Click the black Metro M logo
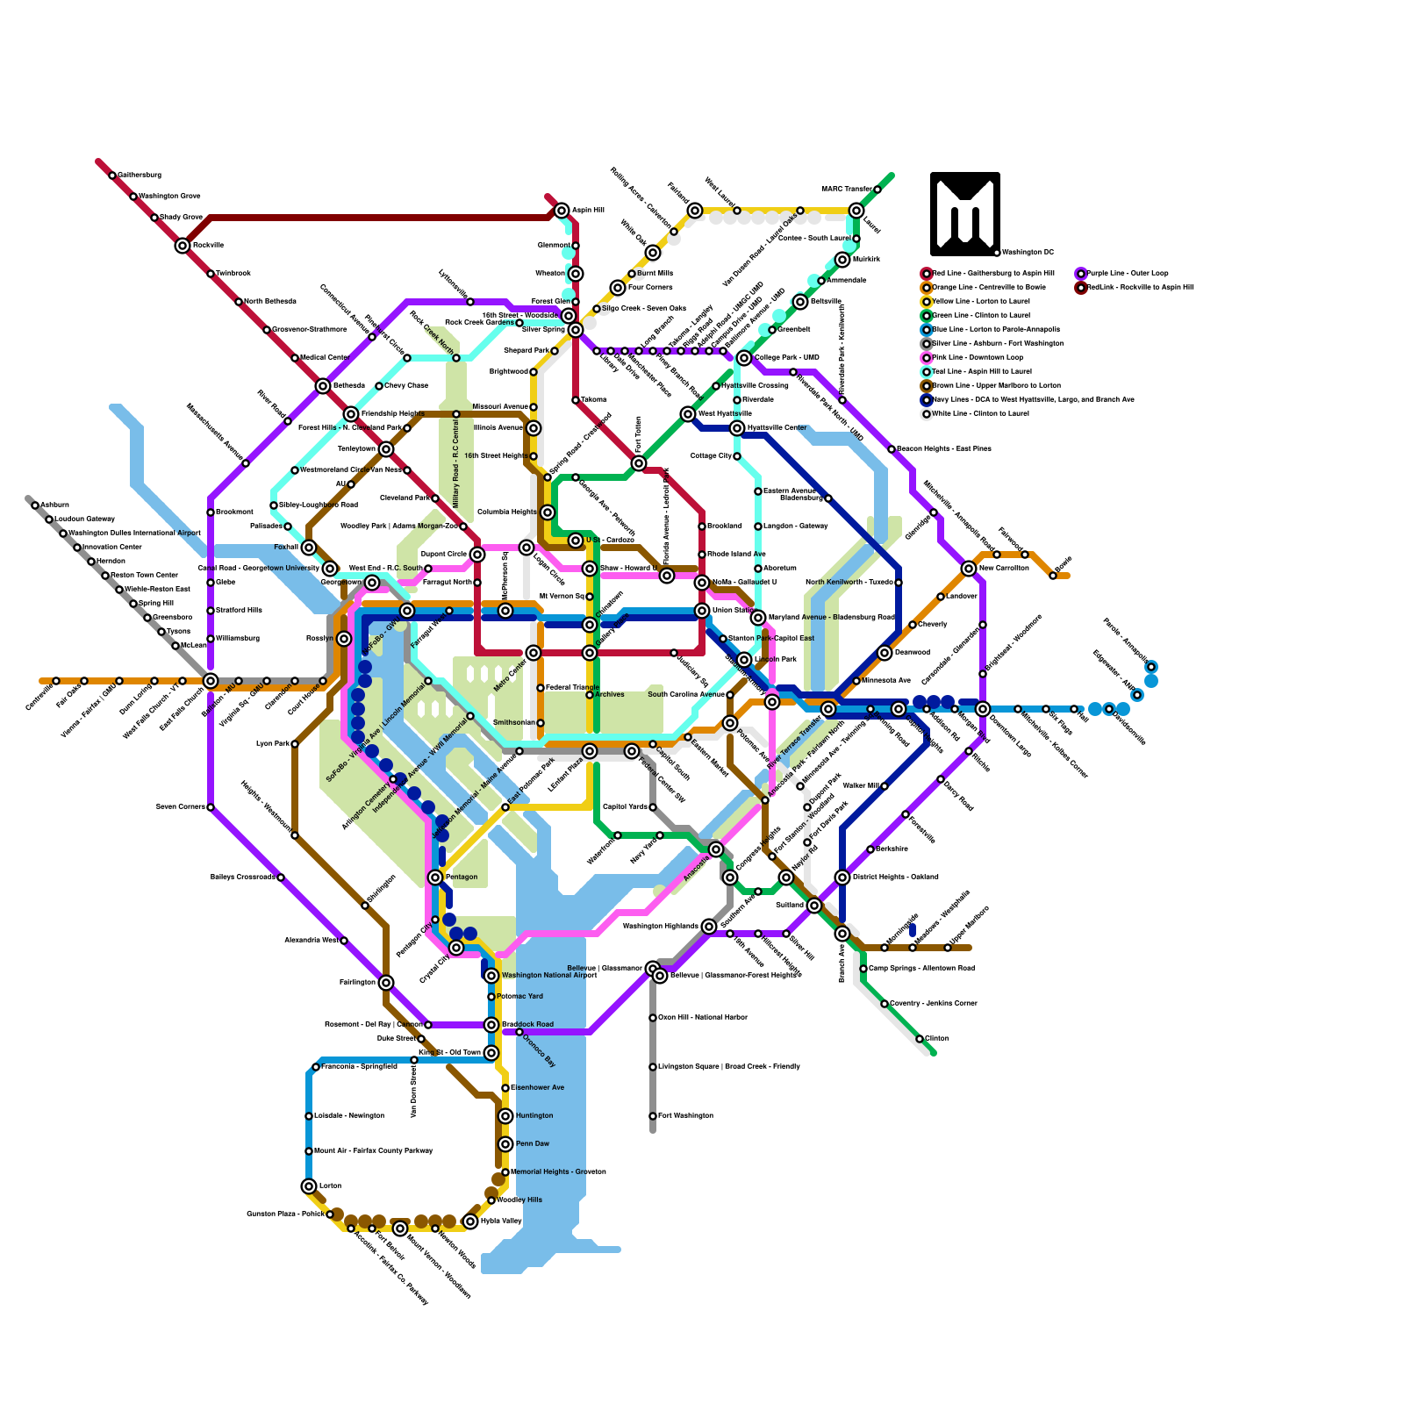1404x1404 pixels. click(x=964, y=213)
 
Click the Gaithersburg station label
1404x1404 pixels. click(x=140, y=175)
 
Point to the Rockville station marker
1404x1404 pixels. click(x=183, y=246)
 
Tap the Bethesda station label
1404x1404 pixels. click(x=348, y=386)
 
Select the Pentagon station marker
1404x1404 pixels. click(x=435, y=877)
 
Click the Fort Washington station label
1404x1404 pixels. click(x=685, y=1116)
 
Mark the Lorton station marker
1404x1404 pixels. click(x=309, y=1186)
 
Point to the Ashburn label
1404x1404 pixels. click(x=54, y=505)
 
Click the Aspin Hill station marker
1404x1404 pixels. click(x=562, y=211)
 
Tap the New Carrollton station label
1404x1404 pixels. click(x=1004, y=569)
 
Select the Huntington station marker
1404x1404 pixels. click(x=505, y=1116)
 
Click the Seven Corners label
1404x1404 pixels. click(x=180, y=807)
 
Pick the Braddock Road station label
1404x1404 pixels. click(x=527, y=1025)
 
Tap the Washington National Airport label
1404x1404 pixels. click(x=549, y=976)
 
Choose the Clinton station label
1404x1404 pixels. click(x=936, y=1039)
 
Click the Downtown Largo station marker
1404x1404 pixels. click(x=983, y=709)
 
